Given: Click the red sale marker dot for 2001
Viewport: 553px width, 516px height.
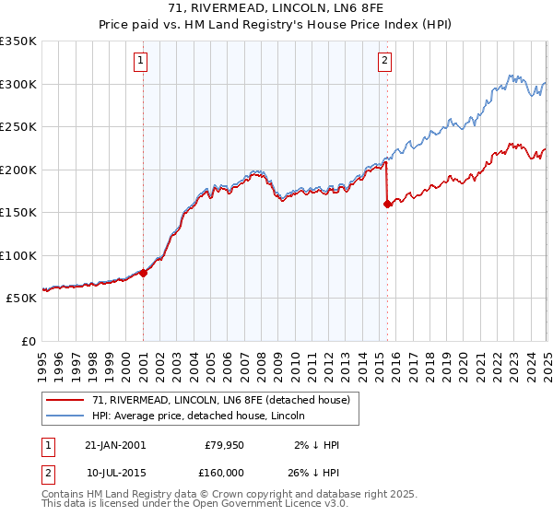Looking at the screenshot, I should pyautogui.click(x=144, y=273).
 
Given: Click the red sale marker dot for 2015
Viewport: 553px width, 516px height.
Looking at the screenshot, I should pyautogui.click(x=387, y=205).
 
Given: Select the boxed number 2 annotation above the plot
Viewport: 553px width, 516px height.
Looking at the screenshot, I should pyautogui.click(x=383, y=62).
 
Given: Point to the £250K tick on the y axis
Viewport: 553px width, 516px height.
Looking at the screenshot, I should pyautogui.click(x=18, y=127).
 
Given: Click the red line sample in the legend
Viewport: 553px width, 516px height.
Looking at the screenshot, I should pyautogui.click(x=66, y=401).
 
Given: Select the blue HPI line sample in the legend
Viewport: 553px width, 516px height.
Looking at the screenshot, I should pyautogui.click(x=66, y=416).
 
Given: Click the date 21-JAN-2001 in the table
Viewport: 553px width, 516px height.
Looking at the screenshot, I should pyautogui.click(x=115, y=445).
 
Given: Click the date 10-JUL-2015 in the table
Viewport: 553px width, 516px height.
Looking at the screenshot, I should pyautogui.click(x=115, y=471).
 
